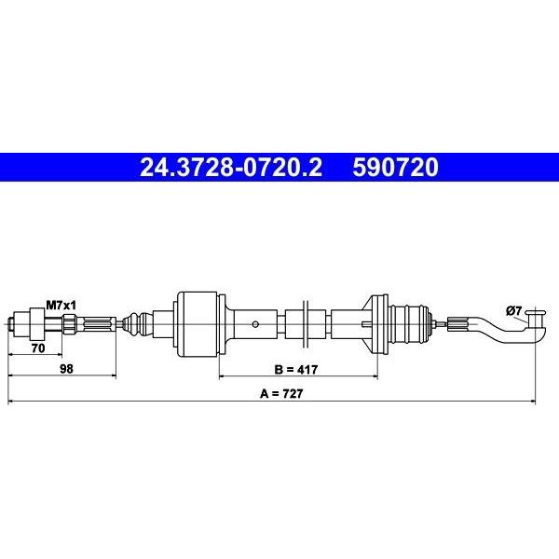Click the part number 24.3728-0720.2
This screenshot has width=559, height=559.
(x=231, y=168)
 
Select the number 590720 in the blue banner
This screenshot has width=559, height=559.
(x=395, y=168)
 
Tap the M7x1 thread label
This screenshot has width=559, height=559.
(x=61, y=306)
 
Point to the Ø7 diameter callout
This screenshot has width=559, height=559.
(x=513, y=311)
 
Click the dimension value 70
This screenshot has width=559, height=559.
(x=38, y=348)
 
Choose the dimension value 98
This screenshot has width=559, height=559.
(x=66, y=369)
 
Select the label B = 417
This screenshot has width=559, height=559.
(x=296, y=369)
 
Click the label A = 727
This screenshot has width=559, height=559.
(x=281, y=393)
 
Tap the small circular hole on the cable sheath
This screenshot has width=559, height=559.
(x=255, y=324)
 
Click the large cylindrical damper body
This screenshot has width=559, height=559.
(x=198, y=324)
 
